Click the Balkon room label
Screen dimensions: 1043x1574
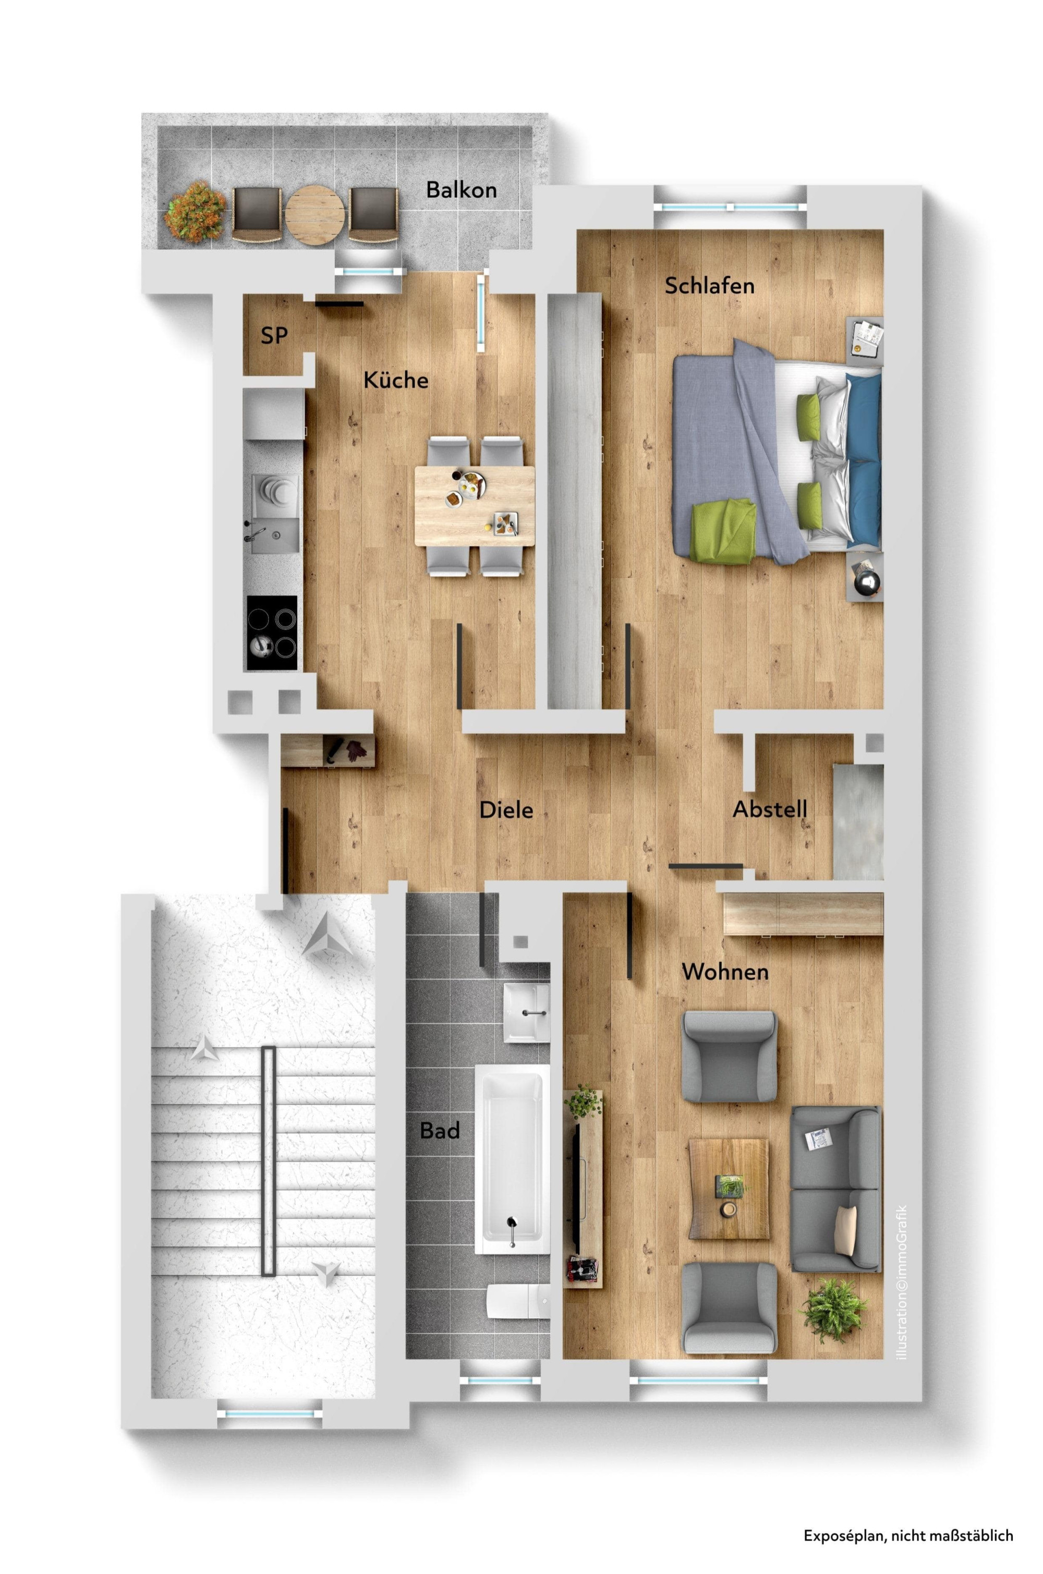coord(461,190)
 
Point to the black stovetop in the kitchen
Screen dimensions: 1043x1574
coord(272,633)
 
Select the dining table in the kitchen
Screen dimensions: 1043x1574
coord(474,505)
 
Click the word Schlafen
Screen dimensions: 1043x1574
coord(710,285)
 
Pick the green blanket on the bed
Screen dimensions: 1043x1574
coord(725,531)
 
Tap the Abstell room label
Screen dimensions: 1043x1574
coord(770,809)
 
